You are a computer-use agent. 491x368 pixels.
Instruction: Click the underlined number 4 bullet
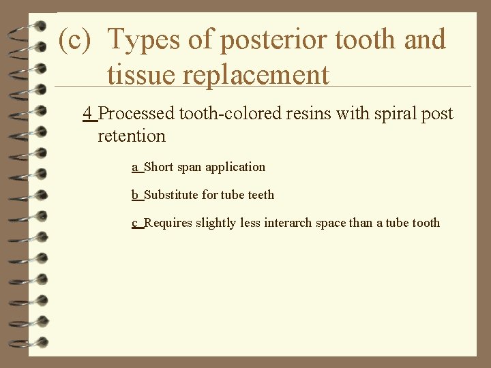pos(87,113)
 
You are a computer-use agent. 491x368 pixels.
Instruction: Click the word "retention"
pos(132,136)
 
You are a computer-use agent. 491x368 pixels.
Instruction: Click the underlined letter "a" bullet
pos(135,167)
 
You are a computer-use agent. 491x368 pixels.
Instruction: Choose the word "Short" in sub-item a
pos(160,167)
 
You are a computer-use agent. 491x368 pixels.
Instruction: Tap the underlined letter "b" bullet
pos(135,195)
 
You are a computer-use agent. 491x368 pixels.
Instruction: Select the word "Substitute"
pos(171,195)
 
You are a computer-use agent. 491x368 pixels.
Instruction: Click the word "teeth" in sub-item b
pos(261,195)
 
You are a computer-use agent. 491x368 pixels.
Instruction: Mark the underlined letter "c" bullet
pos(135,223)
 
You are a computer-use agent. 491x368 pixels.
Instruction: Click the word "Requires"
pos(168,223)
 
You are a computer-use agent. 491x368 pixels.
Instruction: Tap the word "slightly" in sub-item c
pos(217,223)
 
